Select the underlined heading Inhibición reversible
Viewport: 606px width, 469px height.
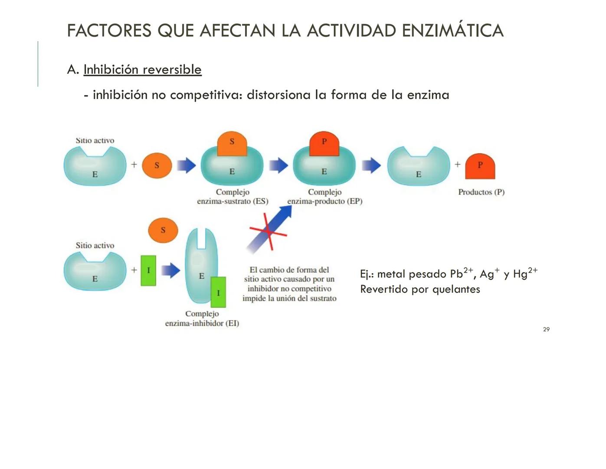[142, 69]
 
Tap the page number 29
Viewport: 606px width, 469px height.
[546, 330]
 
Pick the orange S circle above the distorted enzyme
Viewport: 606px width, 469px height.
[163, 230]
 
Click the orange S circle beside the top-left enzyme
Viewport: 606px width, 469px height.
[157, 165]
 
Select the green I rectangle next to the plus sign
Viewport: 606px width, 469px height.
[148, 271]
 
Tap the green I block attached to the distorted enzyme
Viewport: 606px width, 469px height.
[218, 292]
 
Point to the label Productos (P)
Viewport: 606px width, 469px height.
[481, 192]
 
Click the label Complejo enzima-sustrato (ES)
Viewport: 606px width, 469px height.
[233, 197]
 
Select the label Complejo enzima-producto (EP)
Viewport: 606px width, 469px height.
[324, 197]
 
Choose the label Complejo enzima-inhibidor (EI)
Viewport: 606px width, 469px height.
[202, 318]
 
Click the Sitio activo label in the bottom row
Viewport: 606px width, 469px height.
[95, 245]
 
